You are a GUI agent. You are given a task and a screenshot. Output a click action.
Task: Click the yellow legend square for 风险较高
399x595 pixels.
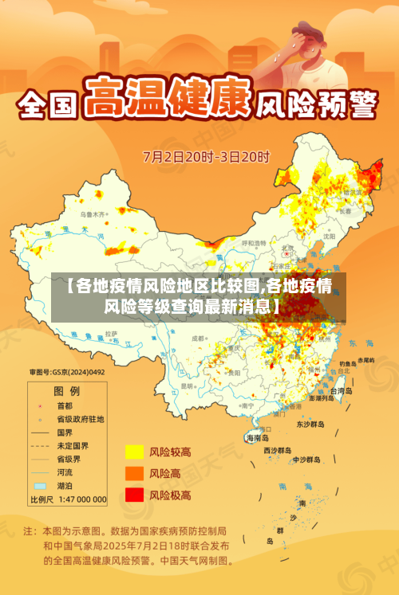134,452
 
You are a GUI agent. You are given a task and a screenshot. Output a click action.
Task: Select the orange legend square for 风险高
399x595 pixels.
134,473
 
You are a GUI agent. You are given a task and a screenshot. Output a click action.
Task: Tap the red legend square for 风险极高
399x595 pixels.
134,495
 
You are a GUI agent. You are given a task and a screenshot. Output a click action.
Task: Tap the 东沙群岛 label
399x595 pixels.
312,425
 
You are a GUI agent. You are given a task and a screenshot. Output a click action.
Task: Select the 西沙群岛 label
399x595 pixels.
280,450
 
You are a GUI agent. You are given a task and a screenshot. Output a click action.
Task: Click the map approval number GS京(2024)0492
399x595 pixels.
67,371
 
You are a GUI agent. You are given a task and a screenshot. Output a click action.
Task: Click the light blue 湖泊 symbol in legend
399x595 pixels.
40,485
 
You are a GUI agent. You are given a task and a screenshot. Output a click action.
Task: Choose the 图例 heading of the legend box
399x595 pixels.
66,391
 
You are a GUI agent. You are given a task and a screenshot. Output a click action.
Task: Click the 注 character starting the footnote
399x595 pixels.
28,530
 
